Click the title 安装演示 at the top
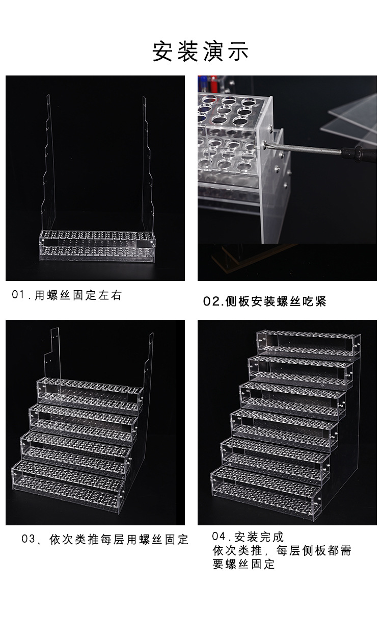click(x=200, y=51)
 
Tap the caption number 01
click(x=18, y=295)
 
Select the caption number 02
click(x=211, y=301)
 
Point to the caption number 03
click(x=28, y=539)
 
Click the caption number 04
click(x=219, y=537)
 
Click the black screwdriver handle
click(x=359, y=154)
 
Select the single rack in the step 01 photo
click(x=97, y=246)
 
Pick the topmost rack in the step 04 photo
click(x=309, y=344)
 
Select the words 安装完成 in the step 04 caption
click(x=259, y=537)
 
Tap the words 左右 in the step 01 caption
click(x=110, y=295)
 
